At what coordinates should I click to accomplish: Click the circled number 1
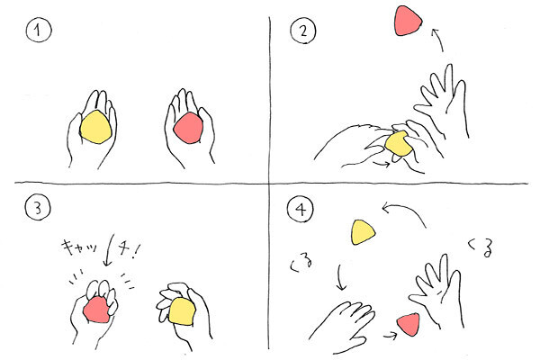[39, 31]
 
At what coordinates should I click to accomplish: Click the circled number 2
[303, 31]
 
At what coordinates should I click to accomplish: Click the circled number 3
[38, 208]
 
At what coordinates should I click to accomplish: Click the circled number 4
[301, 209]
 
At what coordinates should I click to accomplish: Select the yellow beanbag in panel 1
[95, 127]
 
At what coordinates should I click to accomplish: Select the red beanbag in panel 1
[189, 128]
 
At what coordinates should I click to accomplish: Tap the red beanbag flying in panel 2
[408, 21]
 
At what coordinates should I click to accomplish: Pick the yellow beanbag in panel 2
[399, 144]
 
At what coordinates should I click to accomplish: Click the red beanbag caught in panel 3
[97, 310]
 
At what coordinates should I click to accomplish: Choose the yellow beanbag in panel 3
[182, 311]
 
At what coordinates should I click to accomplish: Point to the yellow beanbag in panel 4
[363, 232]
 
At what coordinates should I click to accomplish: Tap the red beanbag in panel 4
[409, 324]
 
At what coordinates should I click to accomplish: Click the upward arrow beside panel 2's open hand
[437, 40]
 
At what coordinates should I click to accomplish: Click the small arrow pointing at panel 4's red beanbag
[391, 335]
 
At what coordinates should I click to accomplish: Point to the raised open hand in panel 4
[438, 291]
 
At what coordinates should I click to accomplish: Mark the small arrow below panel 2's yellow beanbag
[382, 163]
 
